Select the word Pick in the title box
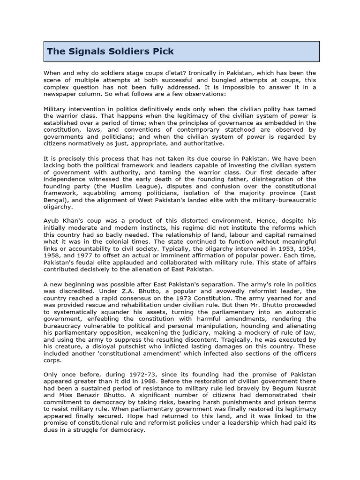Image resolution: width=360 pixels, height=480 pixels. coord(162,51)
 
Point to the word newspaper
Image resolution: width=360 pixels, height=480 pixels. coord(62,94)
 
